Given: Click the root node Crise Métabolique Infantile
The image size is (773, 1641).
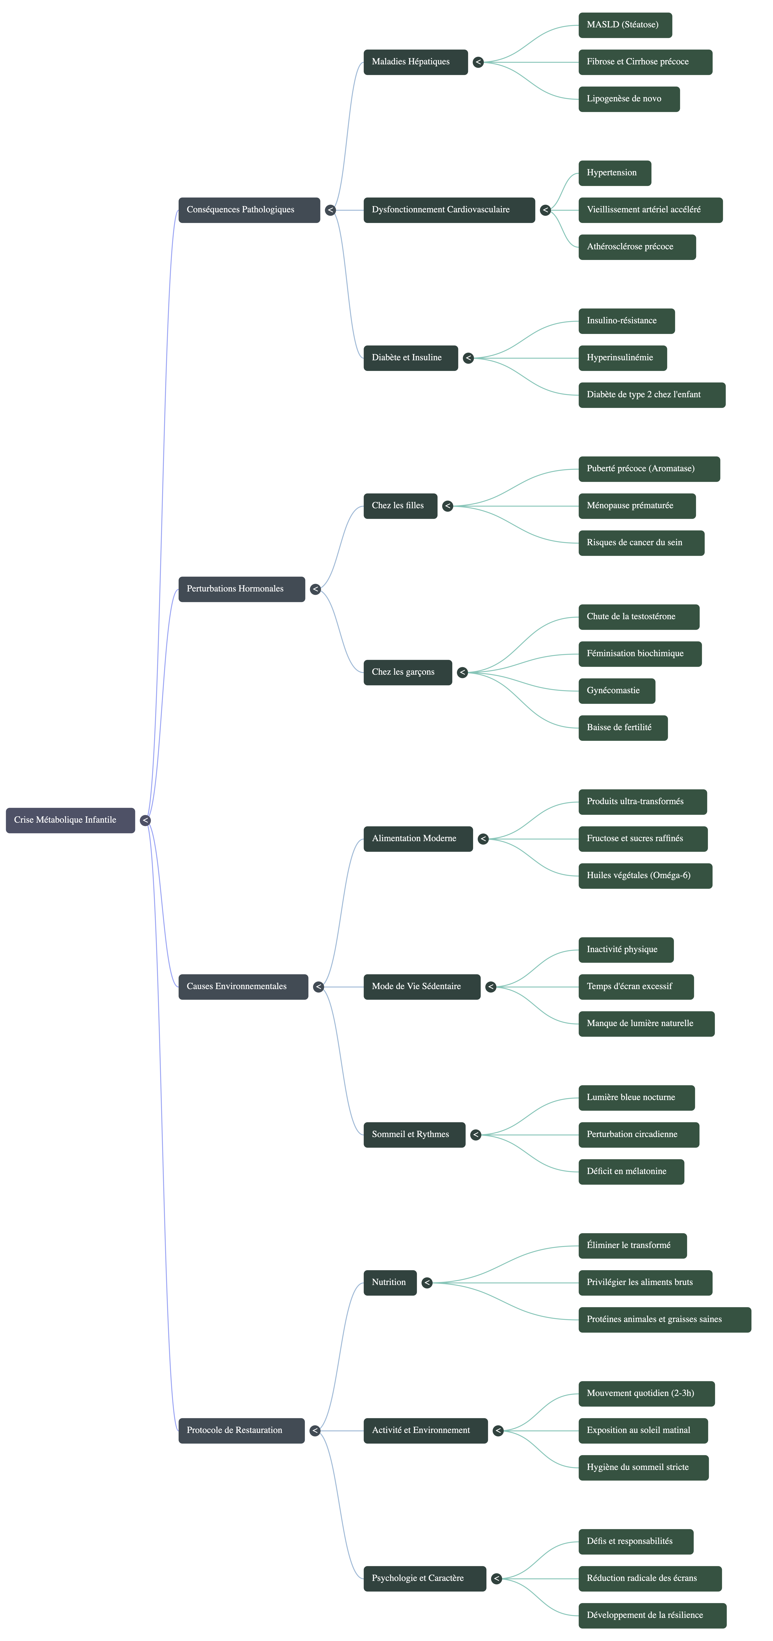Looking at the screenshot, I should (70, 820).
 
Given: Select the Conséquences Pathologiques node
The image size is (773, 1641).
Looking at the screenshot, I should (248, 210).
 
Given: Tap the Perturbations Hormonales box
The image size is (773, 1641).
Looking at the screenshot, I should (241, 589).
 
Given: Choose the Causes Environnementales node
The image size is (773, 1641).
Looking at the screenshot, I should (243, 986).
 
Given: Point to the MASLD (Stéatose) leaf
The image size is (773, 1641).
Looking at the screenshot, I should (625, 25).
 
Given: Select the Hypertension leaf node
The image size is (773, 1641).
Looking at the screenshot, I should (614, 173).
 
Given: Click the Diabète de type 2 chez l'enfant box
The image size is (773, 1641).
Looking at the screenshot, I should (651, 395).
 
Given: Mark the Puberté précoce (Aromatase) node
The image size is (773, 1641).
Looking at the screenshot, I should (649, 469).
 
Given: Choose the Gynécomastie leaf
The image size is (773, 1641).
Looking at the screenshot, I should (616, 691).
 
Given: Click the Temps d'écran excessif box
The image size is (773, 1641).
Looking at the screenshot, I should (635, 987).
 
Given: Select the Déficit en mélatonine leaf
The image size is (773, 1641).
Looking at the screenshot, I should (631, 1171).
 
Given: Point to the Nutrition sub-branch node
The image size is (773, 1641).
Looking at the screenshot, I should (390, 1282).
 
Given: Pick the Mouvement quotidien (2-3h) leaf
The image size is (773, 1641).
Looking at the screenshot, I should (646, 1393).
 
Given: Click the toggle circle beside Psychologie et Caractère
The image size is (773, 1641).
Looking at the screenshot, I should (497, 1579).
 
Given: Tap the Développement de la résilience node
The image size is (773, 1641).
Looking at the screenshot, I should (652, 1615).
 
